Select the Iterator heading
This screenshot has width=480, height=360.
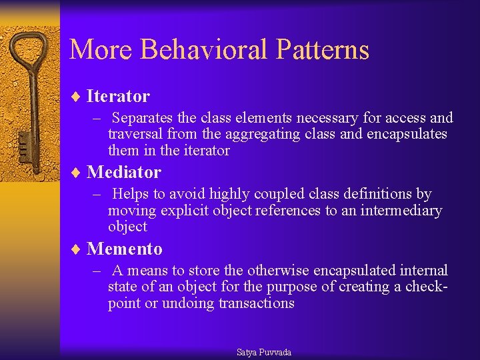118,97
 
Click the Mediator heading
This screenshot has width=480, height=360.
124,173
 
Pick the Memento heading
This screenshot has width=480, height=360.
125,249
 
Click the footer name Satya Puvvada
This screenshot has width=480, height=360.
264,353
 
